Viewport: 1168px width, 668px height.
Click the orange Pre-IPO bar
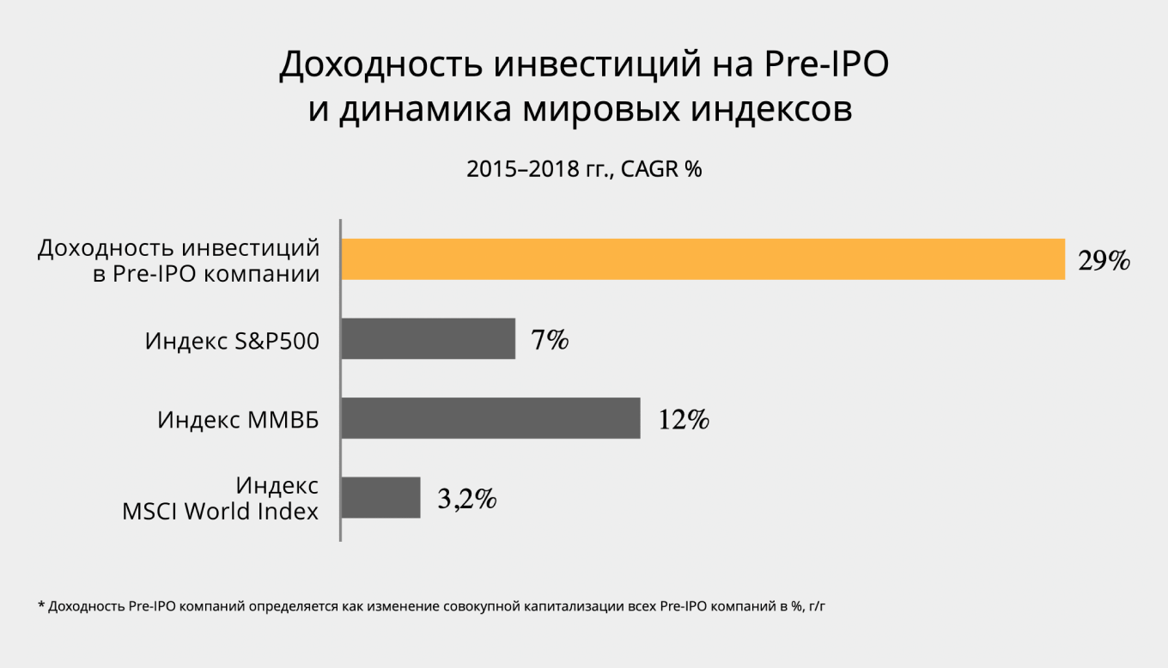tap(703, 258)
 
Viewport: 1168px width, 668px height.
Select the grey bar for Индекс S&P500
tap(428, 338)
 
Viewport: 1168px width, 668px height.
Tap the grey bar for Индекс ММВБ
tap(490, 418)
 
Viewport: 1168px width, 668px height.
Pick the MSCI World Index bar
tap(380, 497)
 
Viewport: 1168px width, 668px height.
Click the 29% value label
tap(1104, 261)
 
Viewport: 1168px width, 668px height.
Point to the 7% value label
tap(550, 340)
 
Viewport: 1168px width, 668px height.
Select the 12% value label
tap(684, 420)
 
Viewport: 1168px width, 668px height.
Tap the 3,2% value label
tap(466, 499)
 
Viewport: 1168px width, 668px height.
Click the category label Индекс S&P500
tap(232, 341)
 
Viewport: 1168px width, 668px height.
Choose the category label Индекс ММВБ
tap(238, 420)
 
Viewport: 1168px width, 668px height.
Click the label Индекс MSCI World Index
tap(221, 499)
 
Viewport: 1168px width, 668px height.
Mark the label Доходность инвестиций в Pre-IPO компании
tap(179, 261)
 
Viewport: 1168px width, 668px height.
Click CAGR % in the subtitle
tap(661, 170)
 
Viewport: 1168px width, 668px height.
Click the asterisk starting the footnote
tap(41, 605)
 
